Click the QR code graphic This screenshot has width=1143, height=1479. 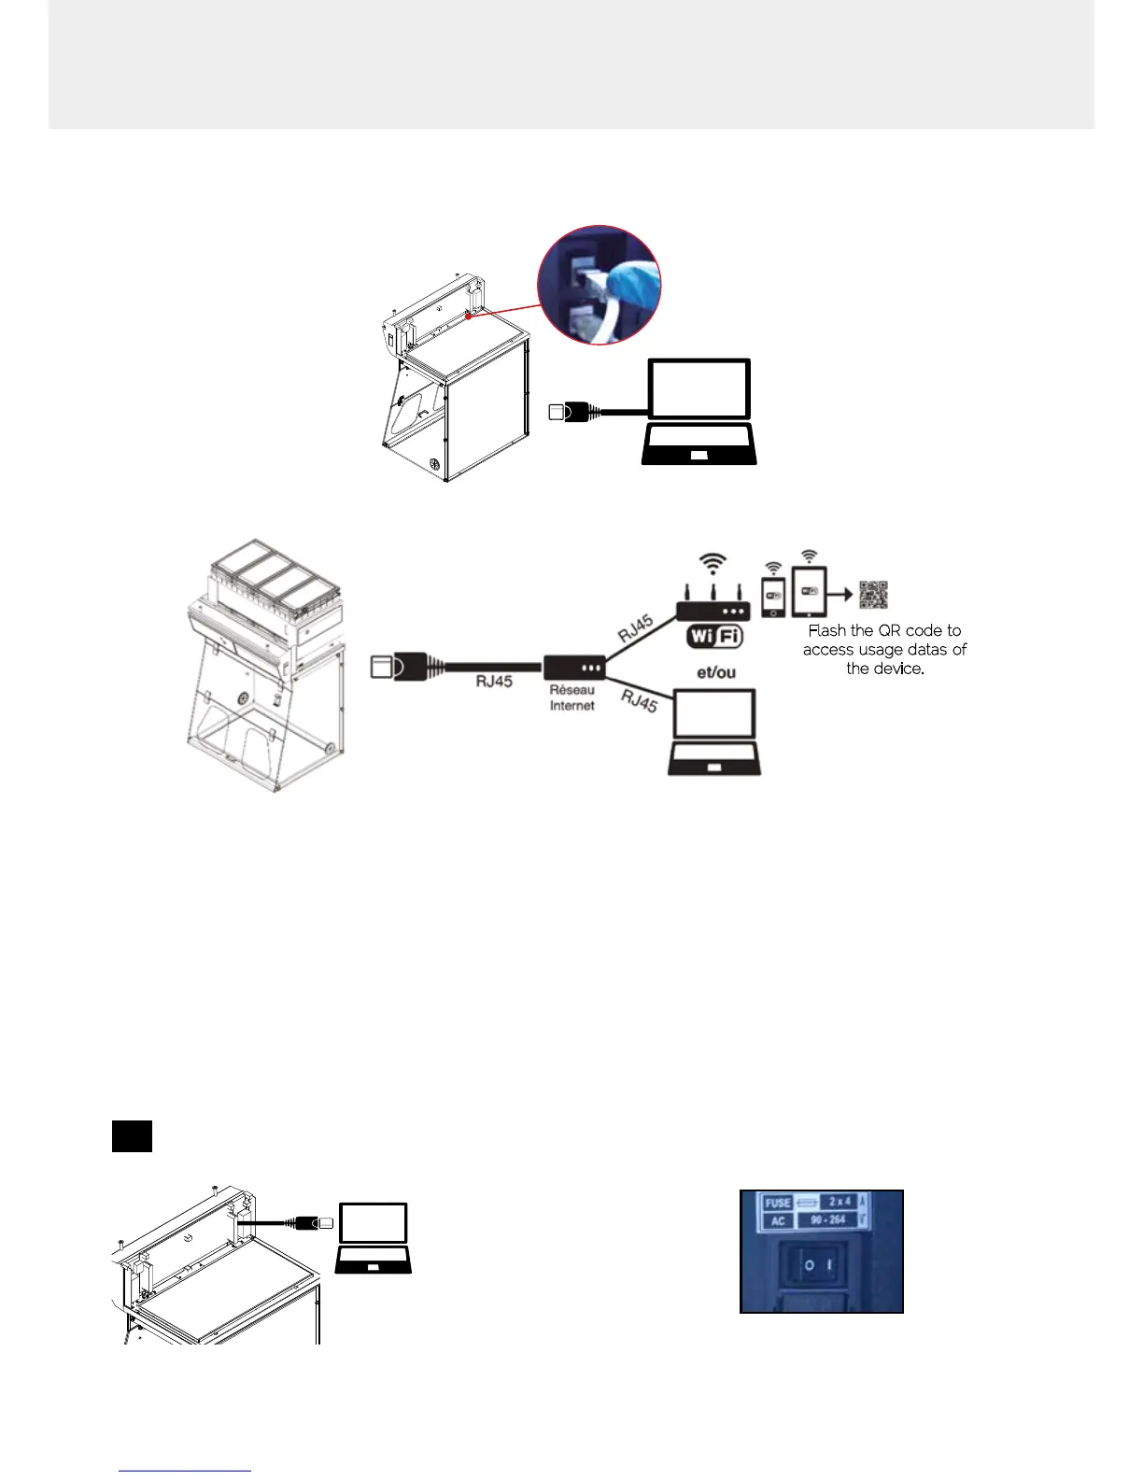pyautogui.click(x=873, y=595)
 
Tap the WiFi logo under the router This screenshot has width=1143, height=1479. pyautogui.click(x=714, y=637)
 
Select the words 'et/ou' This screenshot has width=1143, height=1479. pyautogui.click(x=716, y=672)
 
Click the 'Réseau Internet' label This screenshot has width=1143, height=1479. pyautogui.click(x=571, y=698)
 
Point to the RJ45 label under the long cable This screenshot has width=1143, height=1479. pyautogui.click(x=494, y=682)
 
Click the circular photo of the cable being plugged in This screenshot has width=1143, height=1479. pyautogui.click(x=600, y=285)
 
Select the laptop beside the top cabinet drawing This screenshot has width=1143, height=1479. pyautogui.click(x=699, y=411)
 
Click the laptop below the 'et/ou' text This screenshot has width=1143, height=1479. pyautogui.click(x=714, y=732)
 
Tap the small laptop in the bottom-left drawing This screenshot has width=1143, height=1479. pyautogui.click(x=374, y=1238)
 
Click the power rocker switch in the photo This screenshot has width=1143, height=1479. pyautogui.click(x=823, y=1266)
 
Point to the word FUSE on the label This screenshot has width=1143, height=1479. pyautogui.click(x=778, y=1203)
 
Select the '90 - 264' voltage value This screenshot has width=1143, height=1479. pyautogui.click(x=828, y=1220)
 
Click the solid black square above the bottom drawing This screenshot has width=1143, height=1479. pyautogui.click(x=132, y=1136)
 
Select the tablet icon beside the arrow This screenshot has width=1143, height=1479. pyautogui.click(x=809, y=592)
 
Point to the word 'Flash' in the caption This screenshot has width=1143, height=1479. pyautogui.click(x=827, y=631)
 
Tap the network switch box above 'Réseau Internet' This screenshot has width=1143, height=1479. pyautogui.click(x=574, y=668)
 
